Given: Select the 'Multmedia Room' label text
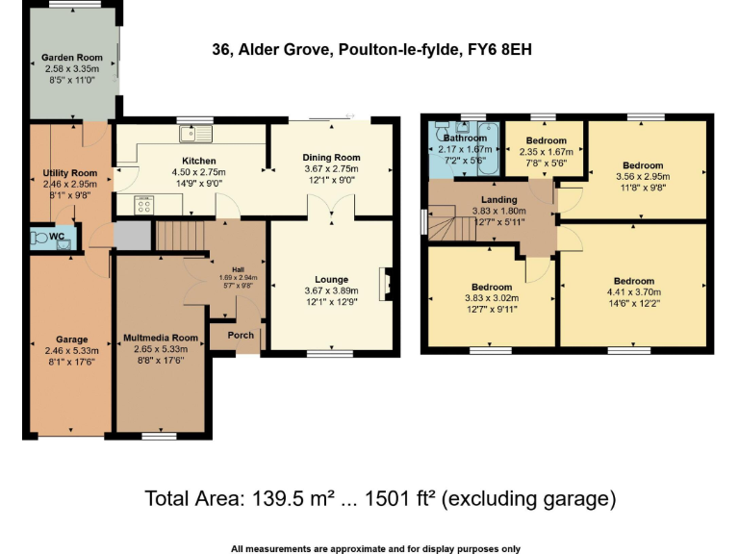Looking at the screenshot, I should (161, 338).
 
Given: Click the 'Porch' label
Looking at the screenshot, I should (240, 336).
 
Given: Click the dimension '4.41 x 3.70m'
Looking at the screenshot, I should (634, 292).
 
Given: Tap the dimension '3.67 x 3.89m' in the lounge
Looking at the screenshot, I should (331, 290).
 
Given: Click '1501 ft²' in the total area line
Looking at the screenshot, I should (390, 499).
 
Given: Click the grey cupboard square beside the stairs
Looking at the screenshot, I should (132, 234).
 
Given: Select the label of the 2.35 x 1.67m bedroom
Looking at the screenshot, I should (546, 141).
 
